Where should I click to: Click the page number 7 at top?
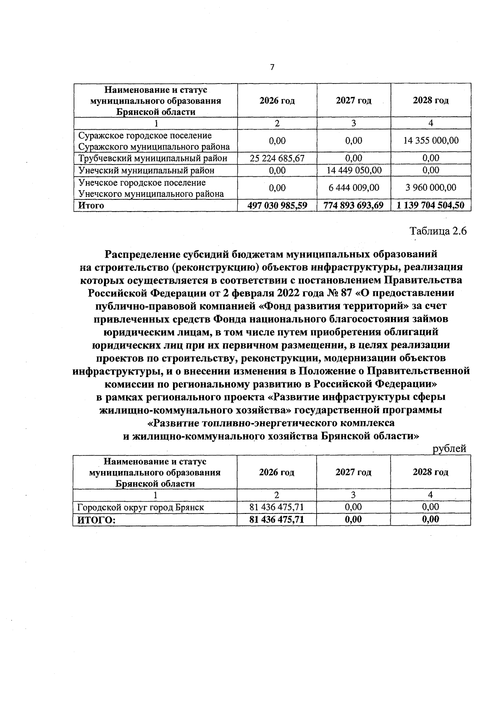(272, 67)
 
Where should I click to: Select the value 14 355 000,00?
(431, 141)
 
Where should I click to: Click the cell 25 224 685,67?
(277, 158)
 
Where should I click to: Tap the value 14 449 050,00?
(354, 170)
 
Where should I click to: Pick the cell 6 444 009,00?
(354, 188)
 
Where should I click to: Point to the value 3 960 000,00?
(431, 188)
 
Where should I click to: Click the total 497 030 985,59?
(277, 205)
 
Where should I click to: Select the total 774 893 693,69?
(354, 205)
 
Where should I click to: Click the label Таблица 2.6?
(438, 231)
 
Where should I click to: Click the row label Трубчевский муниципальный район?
(153, 158)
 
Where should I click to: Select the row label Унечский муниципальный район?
(147, 170)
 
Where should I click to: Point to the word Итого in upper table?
(89, 205)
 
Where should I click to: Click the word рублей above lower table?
(449, 448)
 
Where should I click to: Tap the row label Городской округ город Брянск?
(141, 507)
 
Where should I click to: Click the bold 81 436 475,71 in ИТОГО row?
(276, 519)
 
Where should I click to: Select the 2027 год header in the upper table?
(354, 101)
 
